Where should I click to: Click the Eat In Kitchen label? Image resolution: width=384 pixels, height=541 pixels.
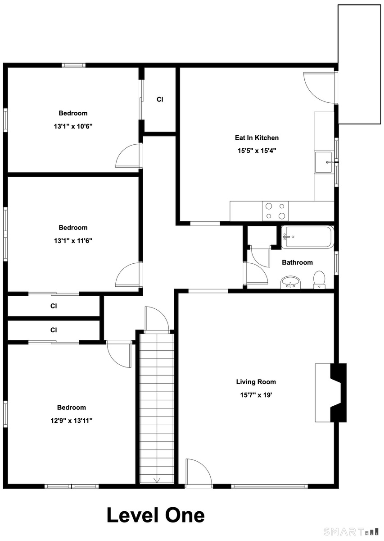pyautogui.click(x=257, y=138)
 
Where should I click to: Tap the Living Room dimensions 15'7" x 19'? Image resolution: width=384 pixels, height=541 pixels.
pyautogui.click(x=256, y=395)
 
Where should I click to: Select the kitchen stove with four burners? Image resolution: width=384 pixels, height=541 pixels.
pyautogui.click(x=275, y=211)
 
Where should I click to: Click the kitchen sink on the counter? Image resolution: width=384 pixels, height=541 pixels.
pyautogui.click(x=323, y=162)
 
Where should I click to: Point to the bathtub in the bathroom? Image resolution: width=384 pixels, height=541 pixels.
pyautogui.click(x=307, y=237)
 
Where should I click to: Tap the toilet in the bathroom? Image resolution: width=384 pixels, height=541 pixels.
pyautogui.click(x=319, y=280)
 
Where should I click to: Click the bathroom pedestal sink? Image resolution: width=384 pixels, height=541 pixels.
pyautogui.click(x=291, y=282)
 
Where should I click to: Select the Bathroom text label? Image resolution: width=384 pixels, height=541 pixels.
pyautogui.click(x=297, y=262)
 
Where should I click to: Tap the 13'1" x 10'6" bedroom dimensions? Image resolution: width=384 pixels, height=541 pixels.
pyautogui.click(x=73, y=126)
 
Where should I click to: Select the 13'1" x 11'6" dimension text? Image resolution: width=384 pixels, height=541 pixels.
pyautogui.click(x=73, y=241)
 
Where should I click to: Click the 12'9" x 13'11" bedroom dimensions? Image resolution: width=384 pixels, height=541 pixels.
pyautogui.click(x=72, y=421)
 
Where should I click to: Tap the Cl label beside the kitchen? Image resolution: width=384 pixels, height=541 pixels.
pyautogui.click(x=160, y=99)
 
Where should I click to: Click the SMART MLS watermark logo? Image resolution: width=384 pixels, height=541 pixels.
pyautogui.click(x=352, y=532)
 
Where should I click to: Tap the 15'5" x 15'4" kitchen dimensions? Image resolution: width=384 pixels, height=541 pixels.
pyautogui.click(x=257, y=151)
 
